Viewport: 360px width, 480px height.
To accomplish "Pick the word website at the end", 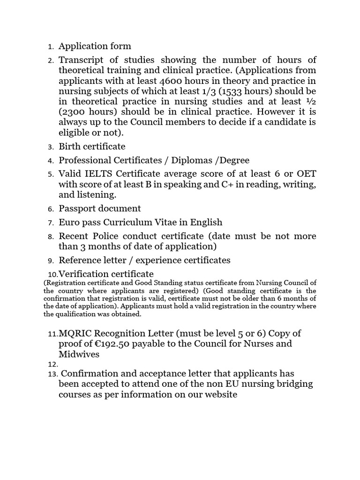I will point(220,394).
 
